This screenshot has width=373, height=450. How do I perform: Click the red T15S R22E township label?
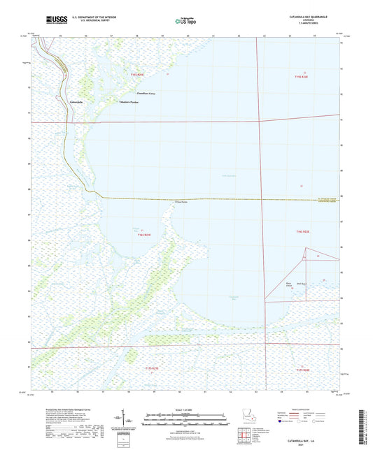coord(301,75)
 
